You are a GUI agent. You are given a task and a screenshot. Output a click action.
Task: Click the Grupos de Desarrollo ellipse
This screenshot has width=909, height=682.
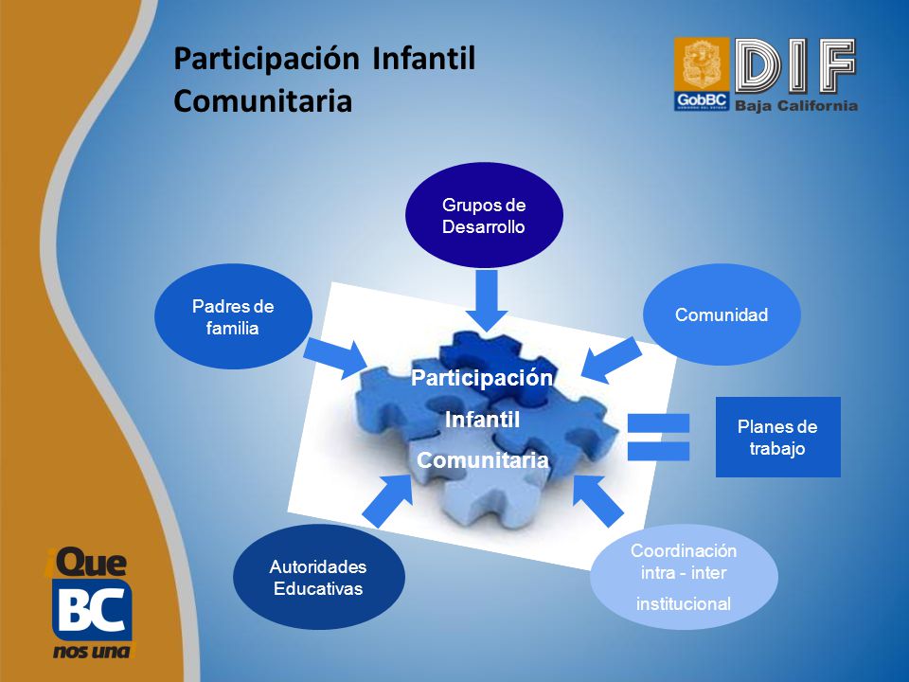(x=484, y=215)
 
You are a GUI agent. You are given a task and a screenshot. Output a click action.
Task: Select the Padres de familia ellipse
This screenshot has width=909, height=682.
(x=233, y=316)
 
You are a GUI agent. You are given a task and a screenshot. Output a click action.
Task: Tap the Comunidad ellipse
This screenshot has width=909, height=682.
(x=722, y=314)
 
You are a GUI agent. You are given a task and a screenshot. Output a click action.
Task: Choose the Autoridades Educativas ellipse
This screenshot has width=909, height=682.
(x=319, y=577)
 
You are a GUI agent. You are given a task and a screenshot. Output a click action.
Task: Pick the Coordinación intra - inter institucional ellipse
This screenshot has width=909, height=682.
(x=684, y=577)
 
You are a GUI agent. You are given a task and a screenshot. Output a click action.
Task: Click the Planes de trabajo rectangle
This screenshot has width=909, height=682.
(x=778, y=438)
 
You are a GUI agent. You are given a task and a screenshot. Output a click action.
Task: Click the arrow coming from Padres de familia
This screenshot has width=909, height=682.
(x=335, y=358)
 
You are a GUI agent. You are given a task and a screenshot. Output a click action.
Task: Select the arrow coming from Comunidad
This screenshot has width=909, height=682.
(x=611, y=361)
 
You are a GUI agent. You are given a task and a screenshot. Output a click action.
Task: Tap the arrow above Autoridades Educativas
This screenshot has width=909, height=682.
(x=387, y=501)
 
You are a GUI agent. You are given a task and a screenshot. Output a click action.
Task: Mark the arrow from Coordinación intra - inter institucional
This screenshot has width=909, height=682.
(x=597, y=501)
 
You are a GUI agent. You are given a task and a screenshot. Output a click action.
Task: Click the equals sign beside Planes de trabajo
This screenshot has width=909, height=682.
(x=659, y=438)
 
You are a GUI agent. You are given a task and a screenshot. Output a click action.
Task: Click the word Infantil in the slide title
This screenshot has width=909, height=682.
(x=424, y=59)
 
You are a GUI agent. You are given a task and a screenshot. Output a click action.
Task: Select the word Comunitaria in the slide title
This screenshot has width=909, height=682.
(x=263, y=101)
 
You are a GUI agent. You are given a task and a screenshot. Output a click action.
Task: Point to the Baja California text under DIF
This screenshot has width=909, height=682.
(x=796, y=105)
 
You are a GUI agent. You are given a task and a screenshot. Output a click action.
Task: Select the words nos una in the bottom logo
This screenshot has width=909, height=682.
(x=92, y=652)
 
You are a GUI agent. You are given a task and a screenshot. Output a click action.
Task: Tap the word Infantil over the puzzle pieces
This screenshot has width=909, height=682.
(x=482, y=420)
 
